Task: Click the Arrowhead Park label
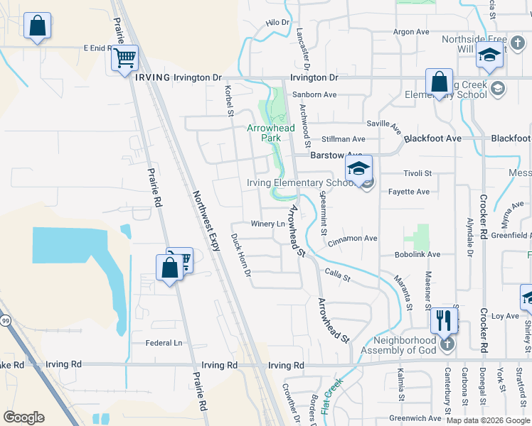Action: (265, 133)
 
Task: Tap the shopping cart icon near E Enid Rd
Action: (124, 57)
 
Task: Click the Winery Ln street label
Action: (267, 224)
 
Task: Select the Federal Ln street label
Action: (164, 343)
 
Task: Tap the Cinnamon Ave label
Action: (354, 239)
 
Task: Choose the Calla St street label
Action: (337, 275)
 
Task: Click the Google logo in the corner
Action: (23, 417)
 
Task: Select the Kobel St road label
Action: (229, 102)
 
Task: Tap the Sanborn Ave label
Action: (319, 94)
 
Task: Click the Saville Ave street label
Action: (385, 126)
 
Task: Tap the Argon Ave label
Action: (412, 32)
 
